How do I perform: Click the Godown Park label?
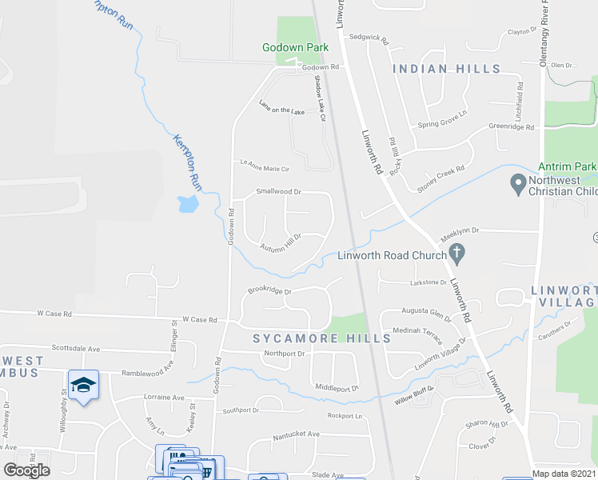pos(295,48)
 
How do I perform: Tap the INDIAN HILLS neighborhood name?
pos(447,70)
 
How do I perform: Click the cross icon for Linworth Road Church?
pos(457,255)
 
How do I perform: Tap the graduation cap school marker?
pos(83,385)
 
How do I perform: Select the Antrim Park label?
pos(568,166)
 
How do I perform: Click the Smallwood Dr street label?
pos(278,192)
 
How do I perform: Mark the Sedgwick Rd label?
pos(368,38)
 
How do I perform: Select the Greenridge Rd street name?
pos(511,127)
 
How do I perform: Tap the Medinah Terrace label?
pos(412,330)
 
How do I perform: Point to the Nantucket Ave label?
pos(296,434)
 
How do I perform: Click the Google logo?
pos(27,470)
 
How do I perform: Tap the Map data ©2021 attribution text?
pos(564,474)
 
